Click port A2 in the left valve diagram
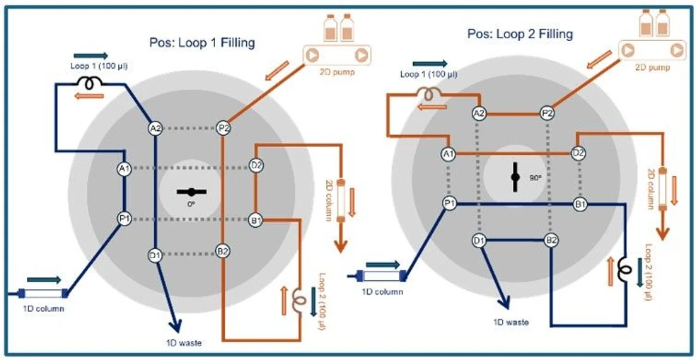156,128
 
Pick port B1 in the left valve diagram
255,219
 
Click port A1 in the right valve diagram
448,153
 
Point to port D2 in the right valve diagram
578,153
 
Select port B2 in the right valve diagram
551,241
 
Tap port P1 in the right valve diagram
448,204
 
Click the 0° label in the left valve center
190,203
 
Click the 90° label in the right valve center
535,178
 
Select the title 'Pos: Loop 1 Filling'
202,42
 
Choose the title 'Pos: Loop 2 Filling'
520,33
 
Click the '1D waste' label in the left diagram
180,342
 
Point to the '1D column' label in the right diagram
383,291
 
